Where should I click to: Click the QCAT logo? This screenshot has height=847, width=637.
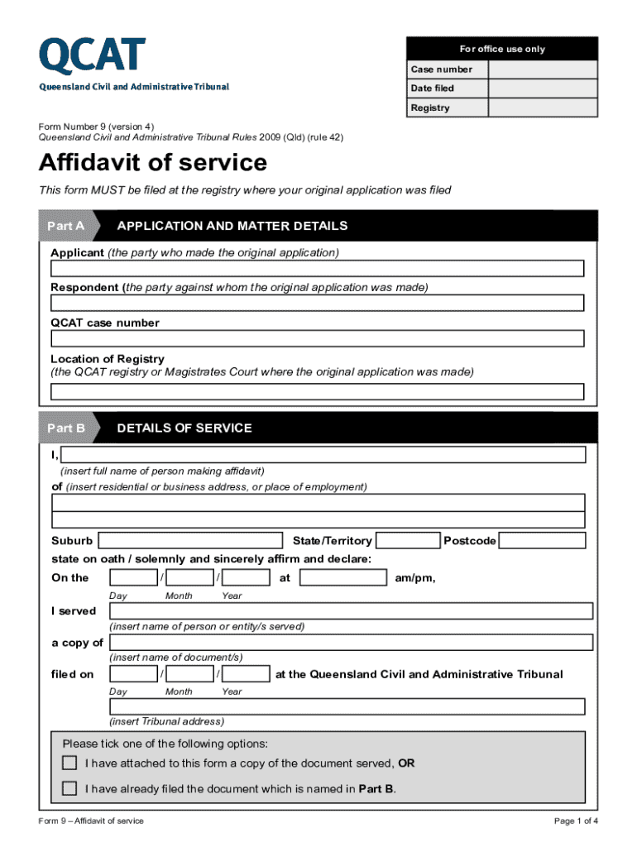click(x=92, y=56)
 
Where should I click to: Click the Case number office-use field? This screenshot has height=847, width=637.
click(x=543, y=69)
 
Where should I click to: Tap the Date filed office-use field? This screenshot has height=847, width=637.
click(x=543, y=89)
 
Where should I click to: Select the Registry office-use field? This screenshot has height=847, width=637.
click(x=543, y=108)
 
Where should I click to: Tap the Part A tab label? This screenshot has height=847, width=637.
click(x=66, y=226)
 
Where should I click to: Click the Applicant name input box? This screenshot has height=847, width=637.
click(x=318, y=269)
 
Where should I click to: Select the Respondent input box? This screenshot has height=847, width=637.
click(x=318, y=304)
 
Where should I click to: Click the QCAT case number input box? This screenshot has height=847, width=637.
click(x=318, y=338)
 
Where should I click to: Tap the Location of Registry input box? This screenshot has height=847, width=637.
click(x=318, y=391)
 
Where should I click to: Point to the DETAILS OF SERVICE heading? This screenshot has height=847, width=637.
click(x=184, y=428)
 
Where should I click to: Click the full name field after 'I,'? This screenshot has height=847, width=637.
click(x=324, y=455)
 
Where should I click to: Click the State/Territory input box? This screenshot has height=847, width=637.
click(x=407, y=541)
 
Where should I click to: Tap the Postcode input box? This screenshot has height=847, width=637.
click(x=543, y=541)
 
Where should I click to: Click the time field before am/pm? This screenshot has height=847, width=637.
click(x=342, y=577)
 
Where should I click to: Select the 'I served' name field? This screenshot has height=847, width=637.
click(x=351, y=611)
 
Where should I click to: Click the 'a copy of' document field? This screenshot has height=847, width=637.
click(x=351, y=643)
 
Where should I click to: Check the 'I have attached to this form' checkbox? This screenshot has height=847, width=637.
click(x=70, y=763)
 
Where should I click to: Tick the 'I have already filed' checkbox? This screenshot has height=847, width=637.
click(x=70, y=789)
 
